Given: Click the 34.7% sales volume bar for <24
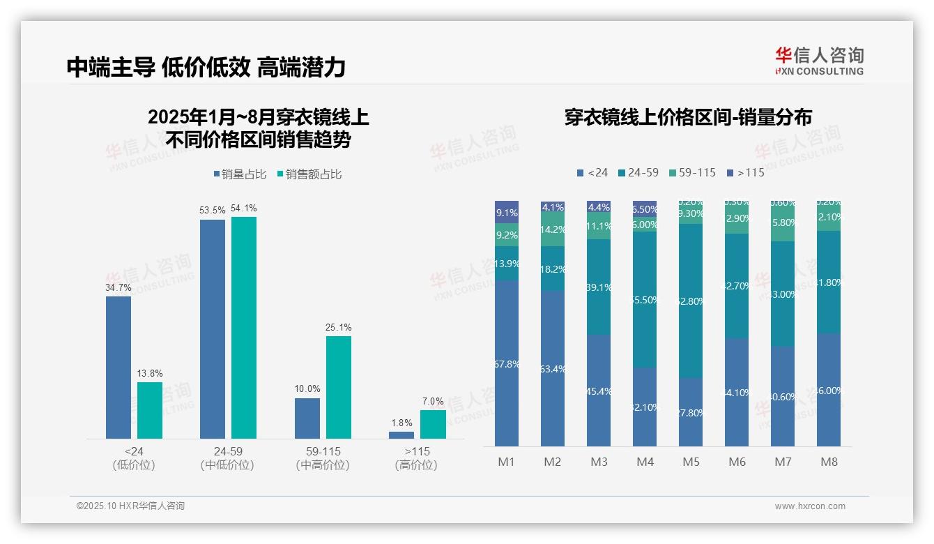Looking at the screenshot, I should pyautogui.click(x=118, y=368).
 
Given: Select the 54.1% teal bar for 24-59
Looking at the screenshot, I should pyautogui.click(x=244, y=328).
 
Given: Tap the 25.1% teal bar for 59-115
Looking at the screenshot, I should pyautogui.click(x=339, y=387).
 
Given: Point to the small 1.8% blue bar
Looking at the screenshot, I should pyautogui.click(x=401, y=435).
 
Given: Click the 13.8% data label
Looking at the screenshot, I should pyautogui.click(x=150, y=374).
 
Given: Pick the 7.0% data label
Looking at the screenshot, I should pyautogui.click(x=433, y=402).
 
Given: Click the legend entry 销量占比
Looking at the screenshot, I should pyautogui.click(x=239, y=174).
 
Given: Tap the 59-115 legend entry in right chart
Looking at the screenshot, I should pyautogui.click(x=692, y=172).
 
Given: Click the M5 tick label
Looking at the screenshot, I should pyautogui.click(x=691, y=462).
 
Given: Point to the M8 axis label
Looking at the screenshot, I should pyautogui.click(x=829, y=462).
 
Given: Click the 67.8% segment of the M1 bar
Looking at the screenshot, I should pyautogui.click(x=507, y=363).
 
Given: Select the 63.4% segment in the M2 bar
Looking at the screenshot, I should pyautogui.click(x=553, y=368).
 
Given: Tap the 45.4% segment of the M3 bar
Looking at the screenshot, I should pyautogui.click(x=599, y=391).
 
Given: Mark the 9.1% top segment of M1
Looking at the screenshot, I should pyautogui.click(x=507, y=212).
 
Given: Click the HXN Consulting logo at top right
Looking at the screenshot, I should pyautogui.click(x=820, y=61).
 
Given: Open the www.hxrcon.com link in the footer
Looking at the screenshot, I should pyautogui.click(x=810, y=506).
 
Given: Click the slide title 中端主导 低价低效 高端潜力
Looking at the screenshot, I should pyautogui.click(x=206, y=67).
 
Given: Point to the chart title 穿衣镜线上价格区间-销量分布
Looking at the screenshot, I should pyautogui.click(x=688, y=117).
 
